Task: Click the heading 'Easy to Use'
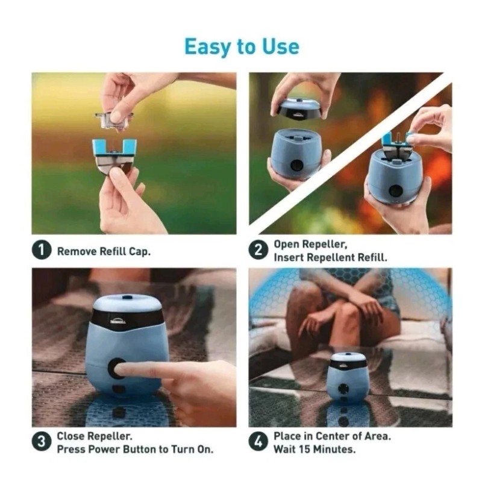(x=241, y=46)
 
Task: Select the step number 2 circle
(x=258, y=251)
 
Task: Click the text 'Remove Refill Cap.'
(x=104, y=251)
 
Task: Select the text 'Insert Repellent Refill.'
(x=330, y=257)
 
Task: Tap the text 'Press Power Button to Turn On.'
(x=135, y=449)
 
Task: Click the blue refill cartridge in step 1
(x=114, y=154)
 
